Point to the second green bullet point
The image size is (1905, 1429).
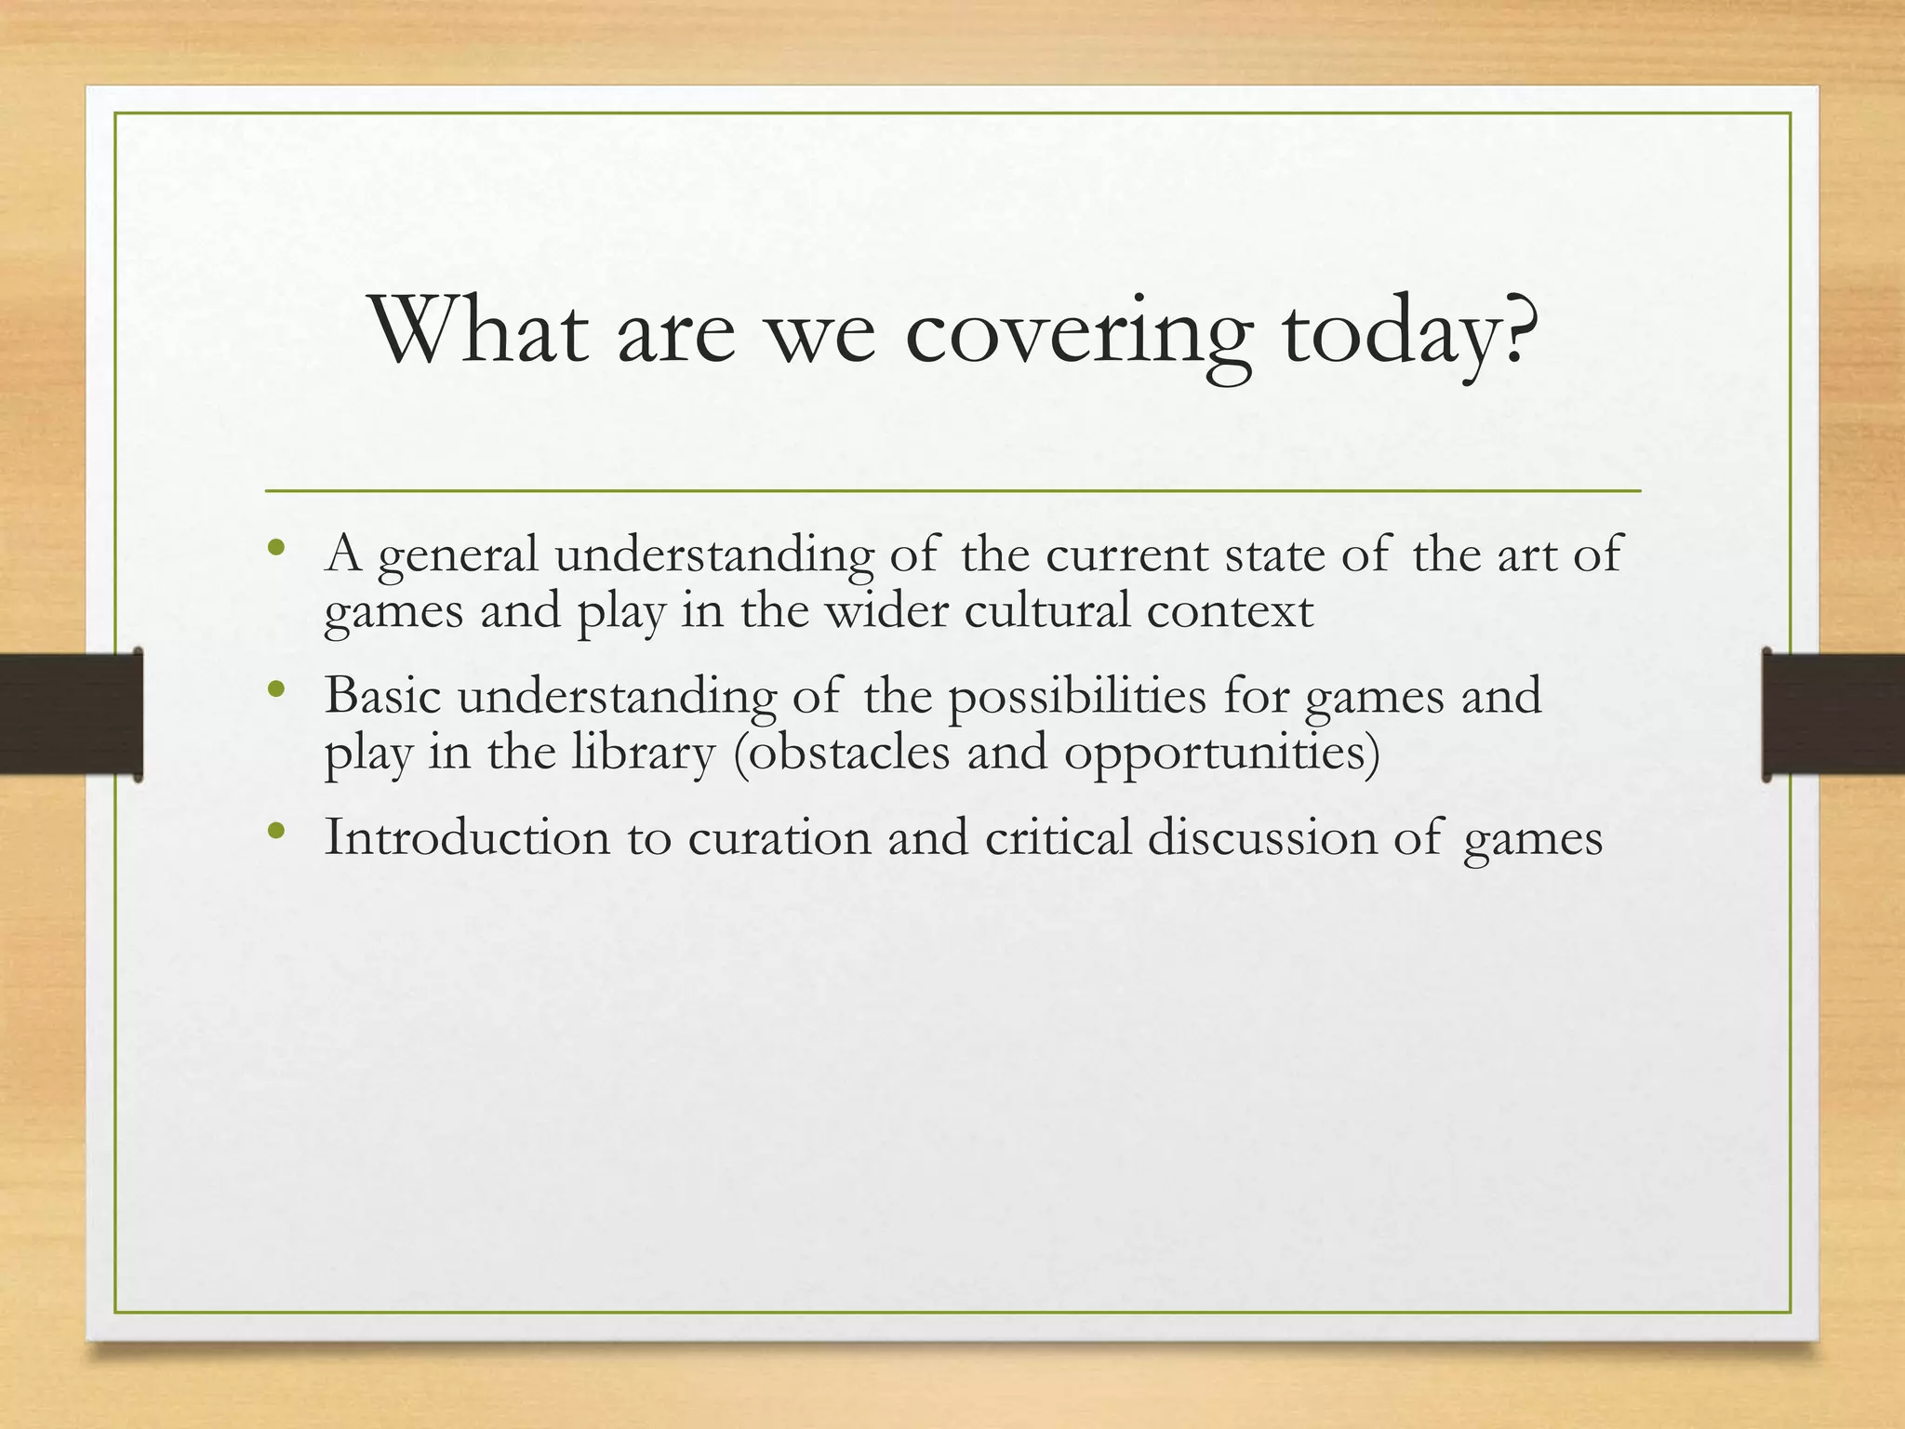[x=274, y=689]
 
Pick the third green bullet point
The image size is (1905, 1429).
[x=274, y=831]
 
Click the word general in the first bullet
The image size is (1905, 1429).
[x=459, y=556]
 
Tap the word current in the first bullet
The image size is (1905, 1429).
[x=1126, y=554]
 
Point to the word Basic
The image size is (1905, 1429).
[x=382, y=695]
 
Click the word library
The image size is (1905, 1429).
[x=643, y=754]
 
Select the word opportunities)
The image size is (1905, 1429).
[x=1221, y=754]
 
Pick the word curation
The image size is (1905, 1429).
[x=779, y=836]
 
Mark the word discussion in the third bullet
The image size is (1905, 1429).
[x=1261, y=836]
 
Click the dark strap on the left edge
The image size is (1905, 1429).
[x=70, y=714]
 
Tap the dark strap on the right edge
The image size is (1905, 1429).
[x=1833, y=714]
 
